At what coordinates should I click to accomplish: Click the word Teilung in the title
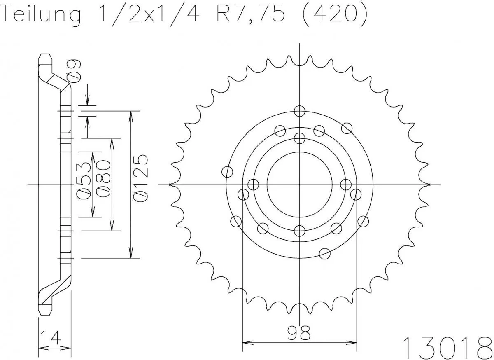[x=41, y=16]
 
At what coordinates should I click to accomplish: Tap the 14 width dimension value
[x=51, y=338]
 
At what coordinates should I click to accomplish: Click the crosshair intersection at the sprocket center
[x=300, y=184]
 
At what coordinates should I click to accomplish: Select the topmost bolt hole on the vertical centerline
[x=300, y=111]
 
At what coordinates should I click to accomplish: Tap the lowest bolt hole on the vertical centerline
[x=300, y=230]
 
